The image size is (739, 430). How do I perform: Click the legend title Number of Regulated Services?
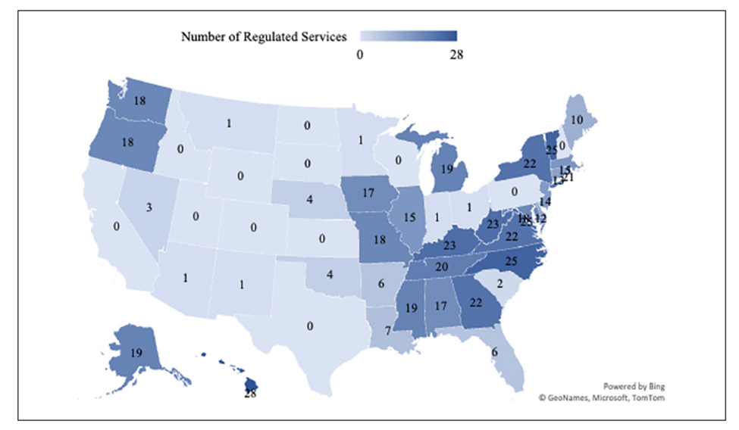[x=264, y=36]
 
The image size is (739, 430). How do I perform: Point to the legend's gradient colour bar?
[x=409, y=36]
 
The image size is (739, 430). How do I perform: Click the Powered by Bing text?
[x=634, y=384]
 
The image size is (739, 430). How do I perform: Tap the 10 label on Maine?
[x=577, y=120]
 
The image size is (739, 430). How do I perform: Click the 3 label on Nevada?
[x=150, y=207]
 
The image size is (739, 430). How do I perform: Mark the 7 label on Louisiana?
[x=389, y=332]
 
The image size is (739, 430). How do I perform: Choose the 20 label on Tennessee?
[x=441, y=266]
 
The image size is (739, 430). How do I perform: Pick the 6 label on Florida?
[x=494, y=352]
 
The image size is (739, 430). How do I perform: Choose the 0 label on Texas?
[x=310, y=326]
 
